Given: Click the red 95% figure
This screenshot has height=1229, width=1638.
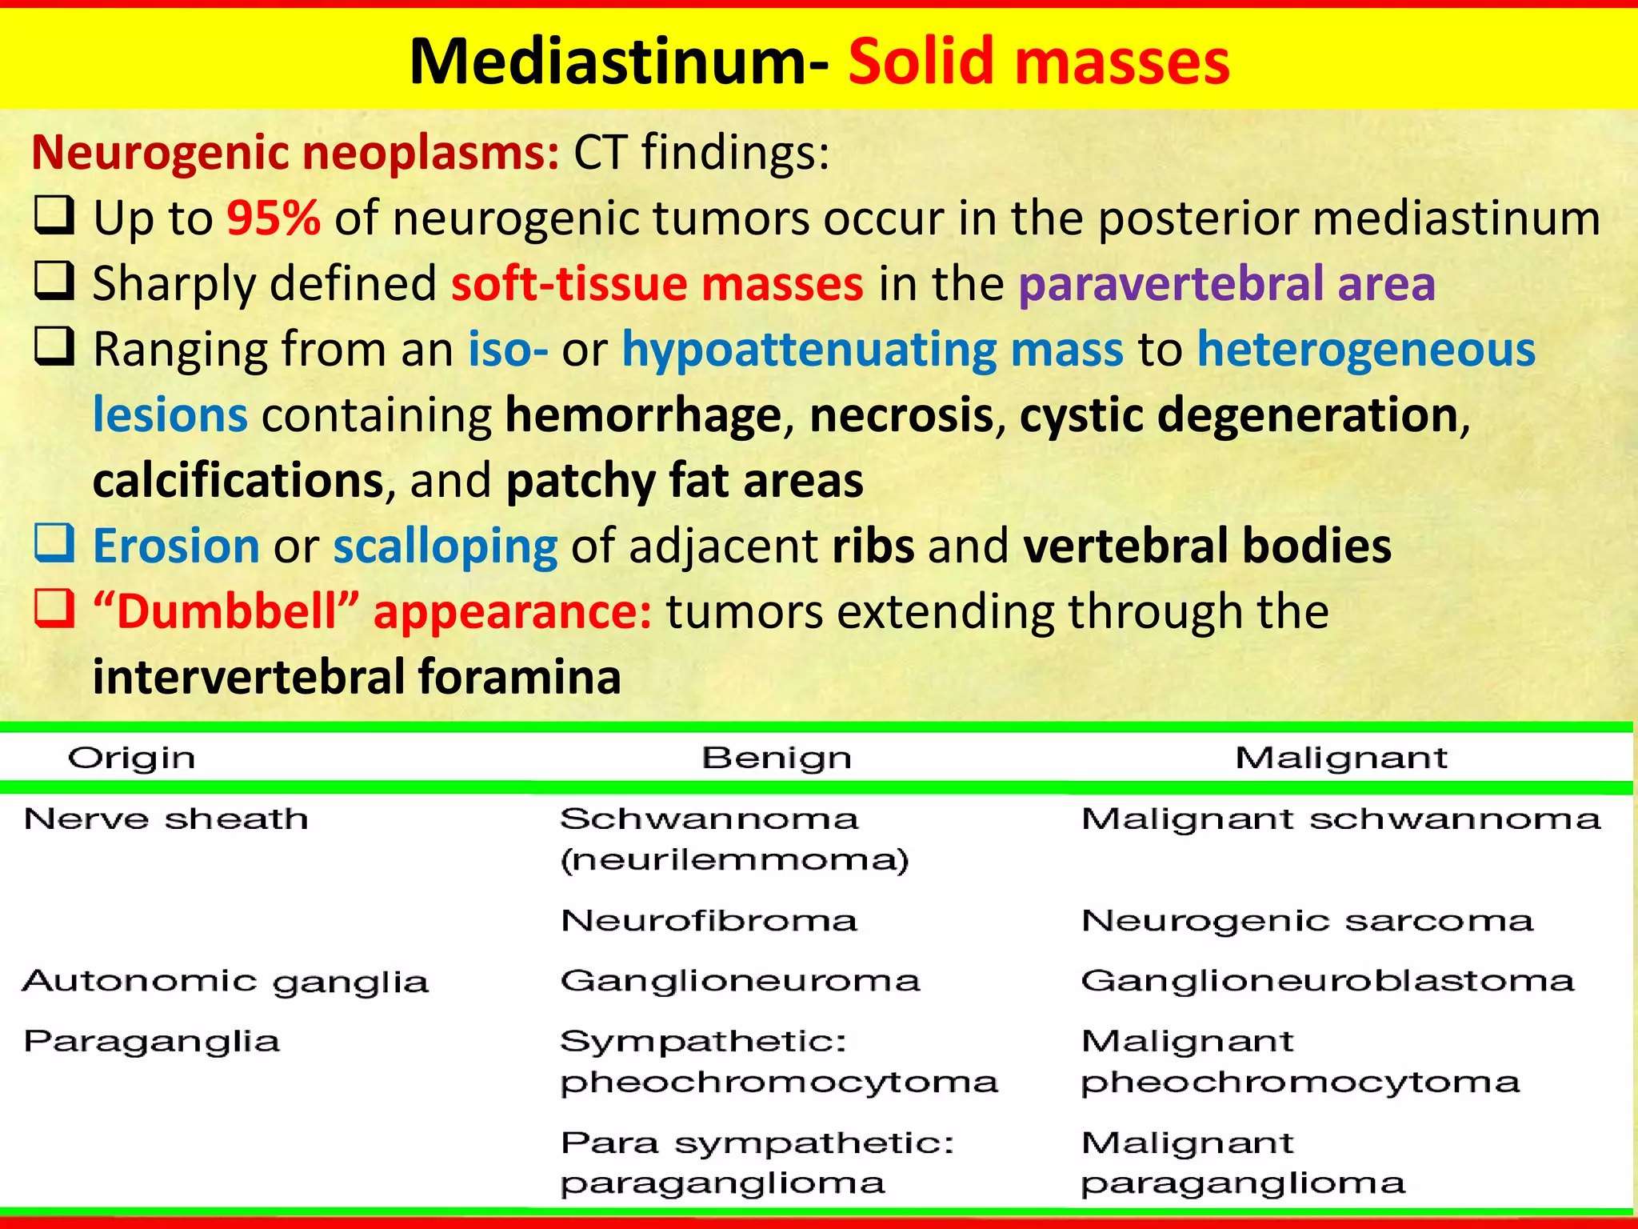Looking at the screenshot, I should coord(274,218).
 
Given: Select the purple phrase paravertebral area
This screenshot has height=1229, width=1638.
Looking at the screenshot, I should coord(1227,283).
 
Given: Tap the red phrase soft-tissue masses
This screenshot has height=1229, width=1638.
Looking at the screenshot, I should coord(657,283).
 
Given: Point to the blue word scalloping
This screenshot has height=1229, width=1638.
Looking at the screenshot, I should coord(445,546).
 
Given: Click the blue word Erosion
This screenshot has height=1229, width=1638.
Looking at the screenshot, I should coord(176,546).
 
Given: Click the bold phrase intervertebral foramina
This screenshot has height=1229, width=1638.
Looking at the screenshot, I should coord(357,677).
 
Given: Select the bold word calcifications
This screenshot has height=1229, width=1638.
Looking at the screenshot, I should coord(238,480).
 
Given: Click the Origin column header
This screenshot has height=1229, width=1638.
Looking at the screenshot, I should coord(131,758).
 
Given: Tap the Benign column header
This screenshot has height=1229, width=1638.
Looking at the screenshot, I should coord(776,758).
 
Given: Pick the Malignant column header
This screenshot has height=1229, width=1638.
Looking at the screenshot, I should coord(1340,758).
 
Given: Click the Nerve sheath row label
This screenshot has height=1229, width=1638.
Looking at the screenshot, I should coord(166,819).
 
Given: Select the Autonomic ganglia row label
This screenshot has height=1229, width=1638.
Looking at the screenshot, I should coord(225,981).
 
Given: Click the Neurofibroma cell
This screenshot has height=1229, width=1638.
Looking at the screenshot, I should coord(709,920).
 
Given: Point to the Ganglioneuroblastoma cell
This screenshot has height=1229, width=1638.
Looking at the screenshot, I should coord(1327,981).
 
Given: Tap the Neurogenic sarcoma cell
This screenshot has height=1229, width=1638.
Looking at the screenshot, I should coord(1307,920).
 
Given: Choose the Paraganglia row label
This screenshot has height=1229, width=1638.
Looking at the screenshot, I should coord(152,1041).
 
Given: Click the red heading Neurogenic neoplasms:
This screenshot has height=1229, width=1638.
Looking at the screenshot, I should coord(295,152).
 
